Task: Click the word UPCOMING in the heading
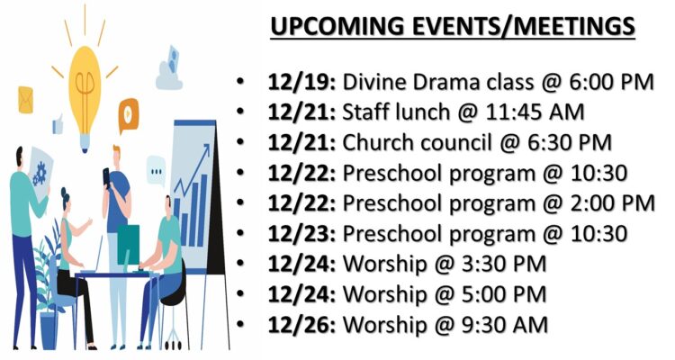point(337,26)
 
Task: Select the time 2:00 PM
point(613,203)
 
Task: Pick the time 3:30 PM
point(504,265)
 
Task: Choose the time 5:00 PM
point(504,294)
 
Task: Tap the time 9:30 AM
point(505,325)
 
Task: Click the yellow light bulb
point(85,93)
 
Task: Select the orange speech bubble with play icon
point(129,114)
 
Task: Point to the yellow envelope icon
point(25,100)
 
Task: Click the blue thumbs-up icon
point(58,124)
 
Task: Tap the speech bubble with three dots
point(156,171)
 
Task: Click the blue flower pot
point(49,330)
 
